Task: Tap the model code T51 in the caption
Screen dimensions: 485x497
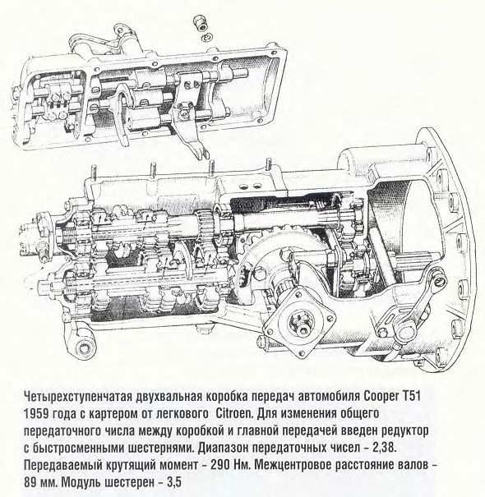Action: [x=411, y=396]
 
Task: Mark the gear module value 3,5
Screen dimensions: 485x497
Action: [x=173, y=482]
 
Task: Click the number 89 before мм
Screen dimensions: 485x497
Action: [x=30, y=482]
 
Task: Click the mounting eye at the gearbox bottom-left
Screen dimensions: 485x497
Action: [x=83, y=347]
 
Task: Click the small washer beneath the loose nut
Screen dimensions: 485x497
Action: [x=206, y=37]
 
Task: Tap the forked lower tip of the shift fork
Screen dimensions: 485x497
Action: [x=201, y=154]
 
